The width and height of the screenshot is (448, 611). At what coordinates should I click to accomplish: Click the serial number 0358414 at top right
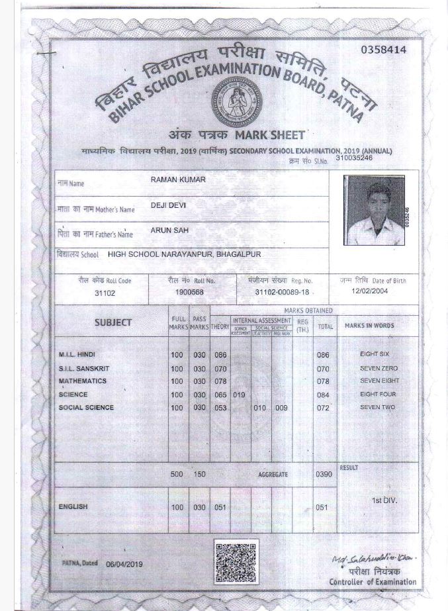coord(384,50)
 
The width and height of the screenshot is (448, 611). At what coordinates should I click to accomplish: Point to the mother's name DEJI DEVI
coord(169,205)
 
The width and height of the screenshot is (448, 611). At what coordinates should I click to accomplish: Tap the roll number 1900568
coord(190,292)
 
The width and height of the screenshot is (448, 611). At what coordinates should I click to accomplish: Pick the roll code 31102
coord(105,292)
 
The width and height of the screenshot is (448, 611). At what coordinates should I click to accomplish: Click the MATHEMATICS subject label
coord(82,381)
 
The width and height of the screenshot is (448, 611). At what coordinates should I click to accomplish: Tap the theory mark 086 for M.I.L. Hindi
coord(220,355)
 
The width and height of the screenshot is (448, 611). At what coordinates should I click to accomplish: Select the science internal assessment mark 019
coord(240,395)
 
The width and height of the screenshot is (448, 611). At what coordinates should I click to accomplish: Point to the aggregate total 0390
coord(324,475)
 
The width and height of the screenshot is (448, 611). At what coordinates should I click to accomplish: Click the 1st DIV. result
coord(384,500)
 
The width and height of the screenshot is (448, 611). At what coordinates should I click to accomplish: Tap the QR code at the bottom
coord(235,561)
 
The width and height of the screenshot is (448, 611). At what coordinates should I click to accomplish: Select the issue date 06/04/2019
coord(124,564)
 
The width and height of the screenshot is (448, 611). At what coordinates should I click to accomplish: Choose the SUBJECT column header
coord(112,322)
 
